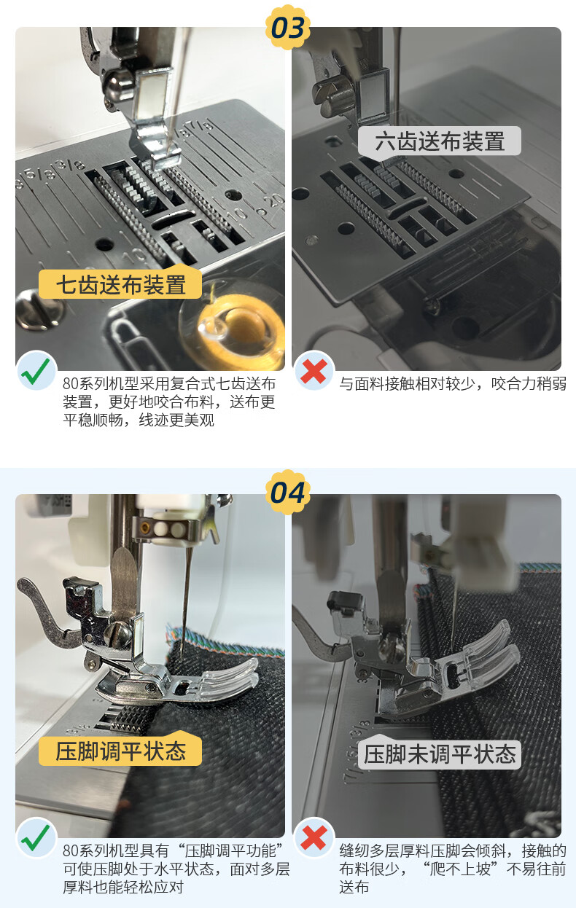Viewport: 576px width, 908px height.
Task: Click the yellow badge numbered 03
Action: pos(287,28)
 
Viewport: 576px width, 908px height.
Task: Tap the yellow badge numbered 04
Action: pos(287,493)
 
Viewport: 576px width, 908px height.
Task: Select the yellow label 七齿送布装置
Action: pos(120,284)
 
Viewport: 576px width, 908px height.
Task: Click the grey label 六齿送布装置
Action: pos(440,141)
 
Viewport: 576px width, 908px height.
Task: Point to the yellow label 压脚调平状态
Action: pos(120,751)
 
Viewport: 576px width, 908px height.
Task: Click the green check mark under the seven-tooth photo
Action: pos(36,371)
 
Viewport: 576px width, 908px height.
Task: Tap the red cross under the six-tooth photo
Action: pos(314,371)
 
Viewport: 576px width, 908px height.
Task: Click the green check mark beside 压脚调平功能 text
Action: pos(36,838)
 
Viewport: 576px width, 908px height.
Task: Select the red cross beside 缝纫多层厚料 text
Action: pos(314,838)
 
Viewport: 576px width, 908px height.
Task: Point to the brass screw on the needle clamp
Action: pos(145,528)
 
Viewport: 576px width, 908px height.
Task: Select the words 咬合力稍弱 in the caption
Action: pos(529,383)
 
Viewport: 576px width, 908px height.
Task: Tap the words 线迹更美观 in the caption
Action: pos(176,420)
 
